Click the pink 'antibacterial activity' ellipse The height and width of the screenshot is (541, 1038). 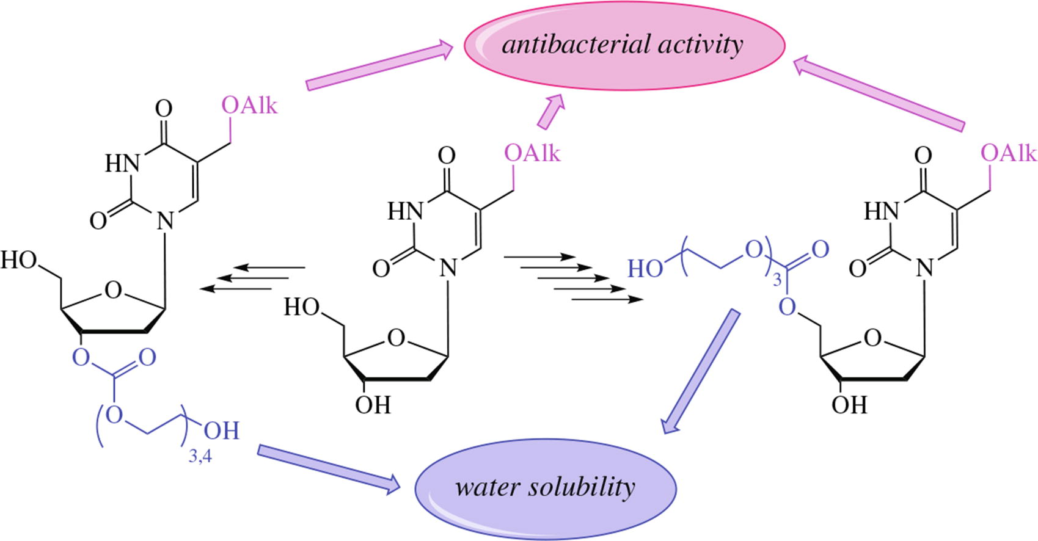coord(623,46)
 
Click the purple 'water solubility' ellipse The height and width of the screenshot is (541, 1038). coord(546,487)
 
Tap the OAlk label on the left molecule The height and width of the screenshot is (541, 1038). coord(249,106)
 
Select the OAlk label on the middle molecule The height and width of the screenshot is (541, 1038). coord(532,153)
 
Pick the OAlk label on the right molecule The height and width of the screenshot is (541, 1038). coord(1009,153)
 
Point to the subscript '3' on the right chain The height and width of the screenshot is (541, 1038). coord(777,281)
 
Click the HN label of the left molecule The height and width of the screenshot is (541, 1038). coord(123,163)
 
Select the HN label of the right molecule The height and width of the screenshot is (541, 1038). coord(882,211)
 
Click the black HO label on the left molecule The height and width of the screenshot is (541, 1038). coord(19,260)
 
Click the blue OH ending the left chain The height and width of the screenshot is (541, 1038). coord(221,431)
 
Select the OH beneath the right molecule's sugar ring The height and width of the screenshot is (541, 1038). coord(849,404)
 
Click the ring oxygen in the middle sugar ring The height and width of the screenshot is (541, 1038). coord(397,337)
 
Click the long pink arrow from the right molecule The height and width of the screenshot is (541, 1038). coord(880,93)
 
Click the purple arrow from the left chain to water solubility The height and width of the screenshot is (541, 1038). coord(329,468)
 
